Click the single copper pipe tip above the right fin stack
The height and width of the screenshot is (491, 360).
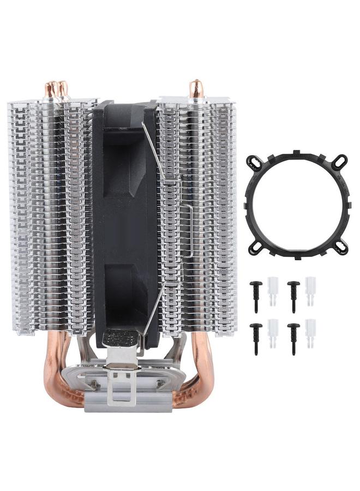point(196,88)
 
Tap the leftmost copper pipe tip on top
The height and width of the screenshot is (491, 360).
point(51,89)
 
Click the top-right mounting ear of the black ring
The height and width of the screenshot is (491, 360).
point(340,161)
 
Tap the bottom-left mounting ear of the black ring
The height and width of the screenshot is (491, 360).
point(254,248)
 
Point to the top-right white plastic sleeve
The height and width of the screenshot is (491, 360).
point(310,289)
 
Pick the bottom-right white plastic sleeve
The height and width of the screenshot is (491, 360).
point(310,331)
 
